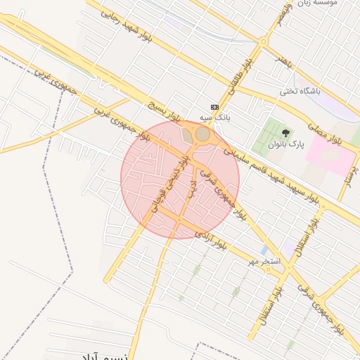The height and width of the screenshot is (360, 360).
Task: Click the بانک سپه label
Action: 215,117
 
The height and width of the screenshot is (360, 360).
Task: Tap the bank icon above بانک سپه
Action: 214,107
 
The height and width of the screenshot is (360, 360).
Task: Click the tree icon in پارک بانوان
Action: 285,132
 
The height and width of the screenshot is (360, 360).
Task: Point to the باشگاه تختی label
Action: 300,92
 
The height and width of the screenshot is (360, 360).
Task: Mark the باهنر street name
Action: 283,60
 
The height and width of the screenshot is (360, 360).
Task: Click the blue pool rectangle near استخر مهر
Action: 263,250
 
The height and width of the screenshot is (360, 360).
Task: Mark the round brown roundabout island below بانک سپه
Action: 202,133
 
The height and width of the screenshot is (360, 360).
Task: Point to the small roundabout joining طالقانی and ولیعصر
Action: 263,43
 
